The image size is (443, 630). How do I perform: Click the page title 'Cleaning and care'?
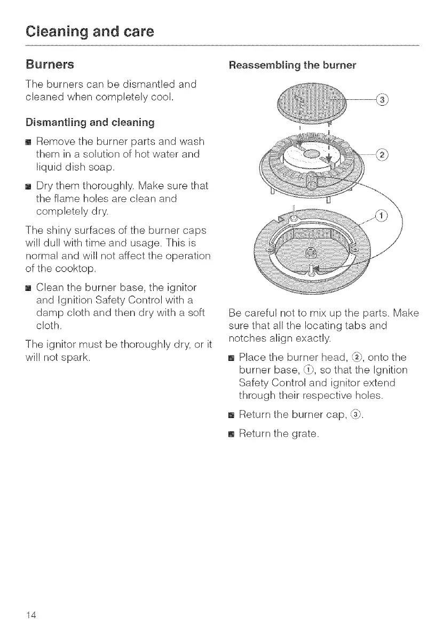pyautogui.click(x=89, y=30)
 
